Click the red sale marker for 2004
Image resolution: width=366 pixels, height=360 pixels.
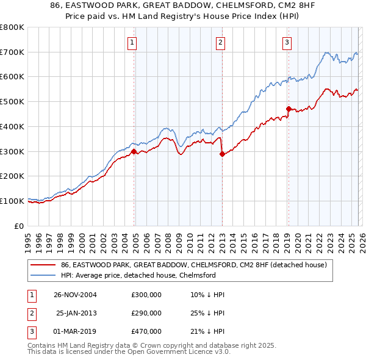tap(134, 151)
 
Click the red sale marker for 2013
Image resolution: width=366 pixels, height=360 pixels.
tap(222, 154)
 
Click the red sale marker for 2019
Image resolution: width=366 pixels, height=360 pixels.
tap(288, 109)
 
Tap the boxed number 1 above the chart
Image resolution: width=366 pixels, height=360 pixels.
tap(132, 42)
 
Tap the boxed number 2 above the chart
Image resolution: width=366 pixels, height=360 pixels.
tap(220, 42)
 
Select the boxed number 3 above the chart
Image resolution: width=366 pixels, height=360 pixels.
tap(286, 42)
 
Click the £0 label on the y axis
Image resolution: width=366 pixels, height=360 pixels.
tap(18, 226)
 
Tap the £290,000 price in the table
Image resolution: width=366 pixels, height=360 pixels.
tap(146, 313)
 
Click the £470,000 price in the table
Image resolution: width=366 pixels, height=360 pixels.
tap(146, 331)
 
